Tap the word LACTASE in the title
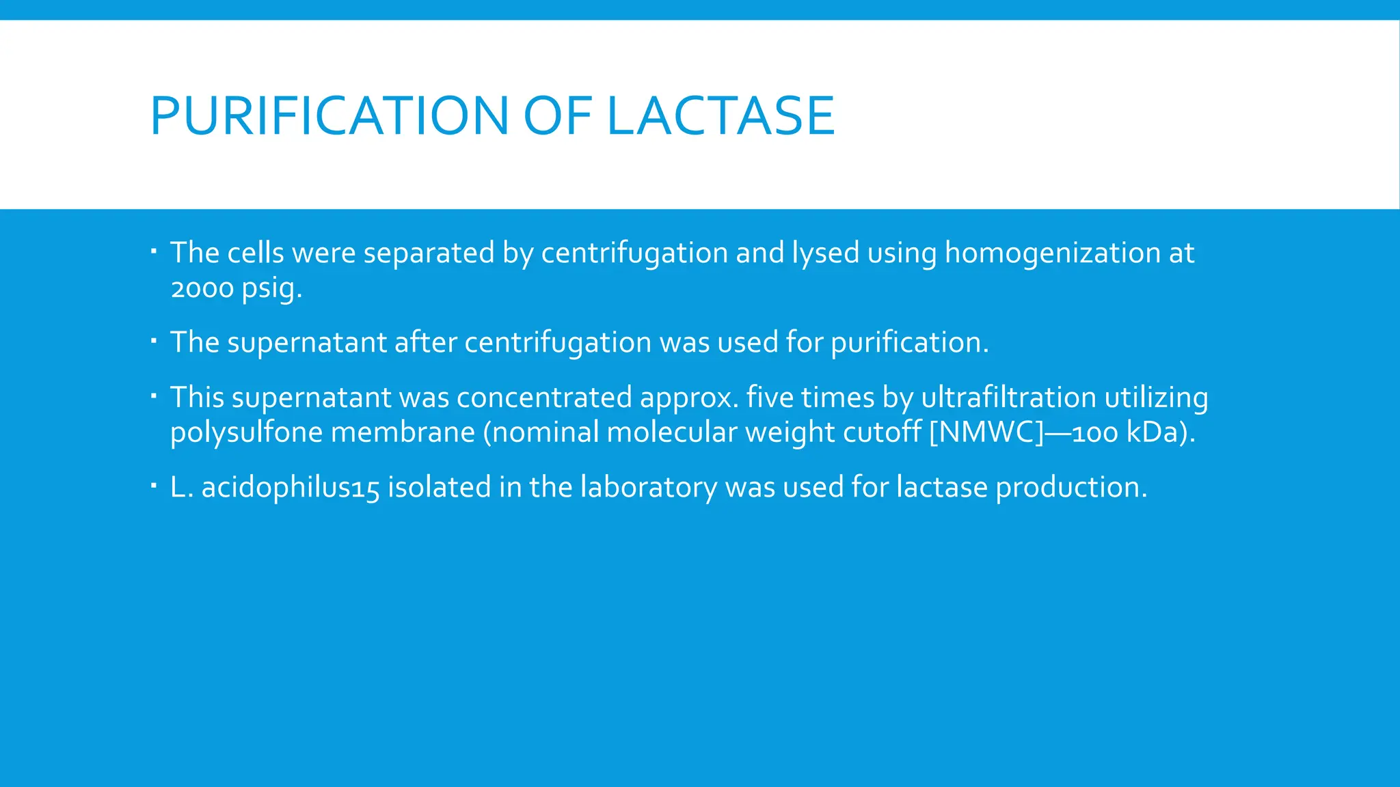click(x=721, y=115)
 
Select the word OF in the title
click(x=557, y=115)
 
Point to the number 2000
click(x=202, y=288)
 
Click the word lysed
click(x=825, y=253)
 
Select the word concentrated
click(x=544, y=398)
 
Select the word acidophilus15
click(x=290, y=488)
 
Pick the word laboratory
click(x=649, y=488)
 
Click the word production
click(x=1071, y=488)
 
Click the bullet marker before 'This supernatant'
click(x=154, y=396)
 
